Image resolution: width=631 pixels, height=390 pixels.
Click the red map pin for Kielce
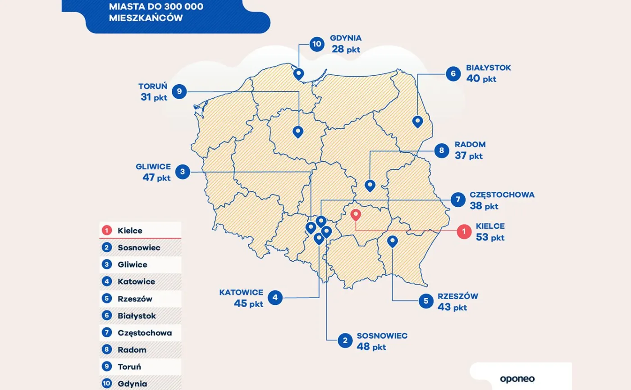356,215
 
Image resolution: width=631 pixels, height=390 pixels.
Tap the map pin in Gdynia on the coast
298,73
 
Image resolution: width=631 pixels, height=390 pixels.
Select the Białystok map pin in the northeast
418,121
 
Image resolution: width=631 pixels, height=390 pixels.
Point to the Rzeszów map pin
393,241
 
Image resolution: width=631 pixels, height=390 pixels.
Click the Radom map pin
370,185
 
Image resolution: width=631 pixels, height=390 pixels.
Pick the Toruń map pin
298,132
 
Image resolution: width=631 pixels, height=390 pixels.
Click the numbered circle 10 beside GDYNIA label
317,44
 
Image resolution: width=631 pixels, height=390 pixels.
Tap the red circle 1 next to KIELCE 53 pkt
463,231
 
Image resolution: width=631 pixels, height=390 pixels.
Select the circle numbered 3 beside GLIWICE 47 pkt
183,172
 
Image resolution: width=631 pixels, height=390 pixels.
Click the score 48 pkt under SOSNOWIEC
371,347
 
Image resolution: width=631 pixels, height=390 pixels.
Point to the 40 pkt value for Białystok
481,78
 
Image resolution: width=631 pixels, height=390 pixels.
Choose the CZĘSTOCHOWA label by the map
502,195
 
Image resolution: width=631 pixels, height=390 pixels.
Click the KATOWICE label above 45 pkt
242,292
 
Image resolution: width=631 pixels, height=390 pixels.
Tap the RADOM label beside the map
470,145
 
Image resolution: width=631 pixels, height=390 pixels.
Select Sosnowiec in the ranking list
139,248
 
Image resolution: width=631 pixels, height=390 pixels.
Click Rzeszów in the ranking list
135,299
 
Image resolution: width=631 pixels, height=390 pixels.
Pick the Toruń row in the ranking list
129,367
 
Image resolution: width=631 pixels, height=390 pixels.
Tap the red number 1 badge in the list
107,231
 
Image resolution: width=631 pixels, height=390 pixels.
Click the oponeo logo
517,379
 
